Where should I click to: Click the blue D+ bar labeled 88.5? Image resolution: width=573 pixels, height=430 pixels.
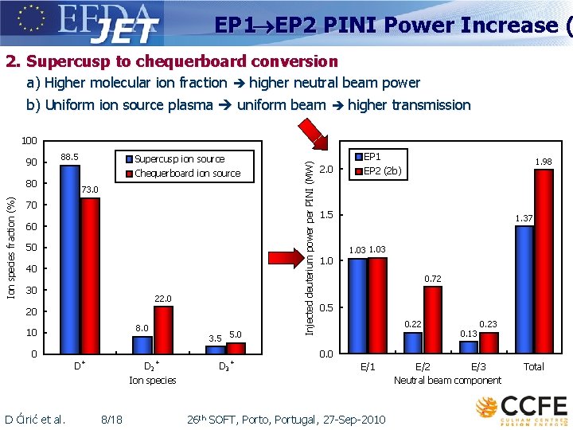click(70, 259)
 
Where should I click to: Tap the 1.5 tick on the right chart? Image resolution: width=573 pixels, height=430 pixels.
click(326, 215)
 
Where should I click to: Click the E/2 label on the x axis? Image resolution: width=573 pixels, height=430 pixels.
click(423, 367)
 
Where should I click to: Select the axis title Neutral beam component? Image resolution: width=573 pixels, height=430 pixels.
click(447, 381)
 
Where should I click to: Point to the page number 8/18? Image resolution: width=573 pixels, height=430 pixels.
click(112, 420)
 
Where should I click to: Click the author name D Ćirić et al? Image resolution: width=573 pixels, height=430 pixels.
click(35, 420)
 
